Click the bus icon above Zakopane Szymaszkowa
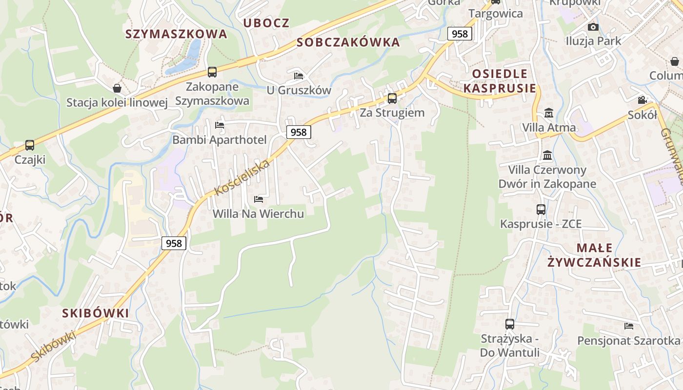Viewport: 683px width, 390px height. coord(212,72)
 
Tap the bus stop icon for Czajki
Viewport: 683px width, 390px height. coord(30,145)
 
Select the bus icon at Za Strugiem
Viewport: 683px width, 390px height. coord(392,98)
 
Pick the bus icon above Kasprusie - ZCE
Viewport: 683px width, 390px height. coord(541,210)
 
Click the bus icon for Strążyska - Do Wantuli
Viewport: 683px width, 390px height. coord(510,324)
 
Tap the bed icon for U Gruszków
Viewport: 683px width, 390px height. coord(299,76)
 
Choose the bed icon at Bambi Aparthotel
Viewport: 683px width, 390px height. coord(220,125)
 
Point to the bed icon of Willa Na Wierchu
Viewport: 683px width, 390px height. coord(259,199)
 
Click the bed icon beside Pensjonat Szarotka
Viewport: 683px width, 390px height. coord(629,326)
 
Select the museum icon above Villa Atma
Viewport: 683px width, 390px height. coord(549,113)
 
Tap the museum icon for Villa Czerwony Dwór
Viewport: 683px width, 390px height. coord(548,155)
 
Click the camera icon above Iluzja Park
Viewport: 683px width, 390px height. coord(593,27)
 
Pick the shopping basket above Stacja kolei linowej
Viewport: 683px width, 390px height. coord(117,88)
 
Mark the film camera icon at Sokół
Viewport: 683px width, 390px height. coord(642,100)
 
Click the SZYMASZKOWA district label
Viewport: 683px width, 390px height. coord(176,34)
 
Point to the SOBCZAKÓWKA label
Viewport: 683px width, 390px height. coord(348,42)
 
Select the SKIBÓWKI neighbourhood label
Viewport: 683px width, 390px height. coord(96,313)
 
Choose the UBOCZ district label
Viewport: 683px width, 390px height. coord(266,23)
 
